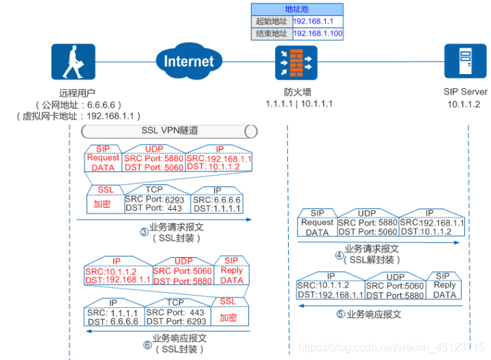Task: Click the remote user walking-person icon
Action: point(73,63)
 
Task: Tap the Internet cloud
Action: point(189,62)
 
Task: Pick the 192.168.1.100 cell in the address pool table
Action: point(318,33)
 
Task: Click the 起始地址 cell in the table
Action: point(272,21)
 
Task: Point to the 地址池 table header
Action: point(297,9)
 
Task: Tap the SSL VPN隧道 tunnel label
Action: point(169,130)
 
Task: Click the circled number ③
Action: point(144,232)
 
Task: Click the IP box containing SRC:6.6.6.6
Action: point(216,202)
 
